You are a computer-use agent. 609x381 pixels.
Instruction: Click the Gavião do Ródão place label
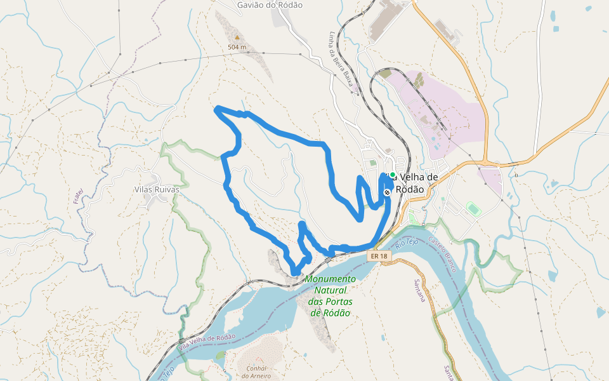[270, 5]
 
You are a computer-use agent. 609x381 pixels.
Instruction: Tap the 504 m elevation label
[237, 48]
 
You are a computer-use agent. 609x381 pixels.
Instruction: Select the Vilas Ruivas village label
[157, 189]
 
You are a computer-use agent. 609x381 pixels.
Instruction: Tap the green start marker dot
[393, 175]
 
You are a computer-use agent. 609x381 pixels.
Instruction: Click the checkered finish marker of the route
[387, 192]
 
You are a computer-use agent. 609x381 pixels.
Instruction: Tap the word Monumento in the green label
[330, 279]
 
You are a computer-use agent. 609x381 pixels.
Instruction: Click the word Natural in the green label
[329, 290]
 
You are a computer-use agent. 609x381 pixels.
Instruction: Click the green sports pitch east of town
[473, 208]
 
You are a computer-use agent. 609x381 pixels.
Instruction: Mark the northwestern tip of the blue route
[218, 109]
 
